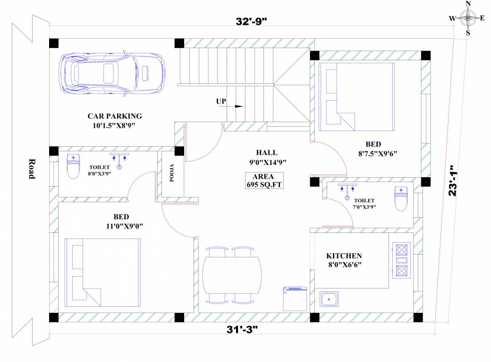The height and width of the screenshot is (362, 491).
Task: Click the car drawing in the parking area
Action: point(112,73)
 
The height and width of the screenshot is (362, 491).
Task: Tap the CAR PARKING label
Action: point(115,116)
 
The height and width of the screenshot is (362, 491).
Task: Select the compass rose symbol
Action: point(468,18)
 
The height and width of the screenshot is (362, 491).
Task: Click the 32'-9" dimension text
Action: point(251,21)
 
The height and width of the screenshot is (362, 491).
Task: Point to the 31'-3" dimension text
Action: point(242,329)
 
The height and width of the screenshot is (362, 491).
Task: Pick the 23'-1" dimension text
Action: point(453,181)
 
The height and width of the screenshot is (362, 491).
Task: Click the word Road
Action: point(32,169)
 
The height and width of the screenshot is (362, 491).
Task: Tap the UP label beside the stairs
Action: point(221,101)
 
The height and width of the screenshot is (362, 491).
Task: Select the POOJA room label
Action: point(172,173)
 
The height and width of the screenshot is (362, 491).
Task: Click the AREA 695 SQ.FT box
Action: point(264,181)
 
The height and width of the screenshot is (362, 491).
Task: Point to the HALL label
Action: point(266,153)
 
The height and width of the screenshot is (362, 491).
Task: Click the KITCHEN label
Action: point(344,256)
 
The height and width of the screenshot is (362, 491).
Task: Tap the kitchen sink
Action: point(329,299)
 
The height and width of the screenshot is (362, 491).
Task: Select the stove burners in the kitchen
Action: point(401,260)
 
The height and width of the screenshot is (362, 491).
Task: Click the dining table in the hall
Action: point(232,275)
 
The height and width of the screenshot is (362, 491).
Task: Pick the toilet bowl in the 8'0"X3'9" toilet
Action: point(73,166)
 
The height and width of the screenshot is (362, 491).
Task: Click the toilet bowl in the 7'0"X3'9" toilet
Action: point(401,199)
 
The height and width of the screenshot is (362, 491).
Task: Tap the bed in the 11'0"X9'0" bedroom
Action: point(103,272)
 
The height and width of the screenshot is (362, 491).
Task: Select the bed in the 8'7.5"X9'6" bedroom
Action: point(356,97)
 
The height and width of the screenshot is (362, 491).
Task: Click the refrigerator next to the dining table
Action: point(295,299)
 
